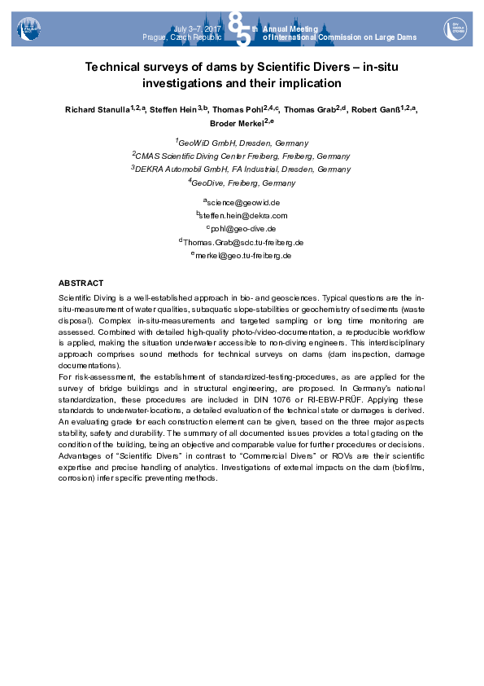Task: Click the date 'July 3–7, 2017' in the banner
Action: (x=198, y=29)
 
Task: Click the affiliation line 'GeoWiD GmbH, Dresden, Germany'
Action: (x=243, y=142)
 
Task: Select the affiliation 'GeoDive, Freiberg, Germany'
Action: (x=243, y=183)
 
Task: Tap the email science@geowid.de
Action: (x=243, y=201)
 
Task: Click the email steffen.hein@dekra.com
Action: (x=244, y=215)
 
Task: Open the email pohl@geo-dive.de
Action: (x=244, y=229)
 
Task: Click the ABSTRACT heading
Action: (x=81, y=282)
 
